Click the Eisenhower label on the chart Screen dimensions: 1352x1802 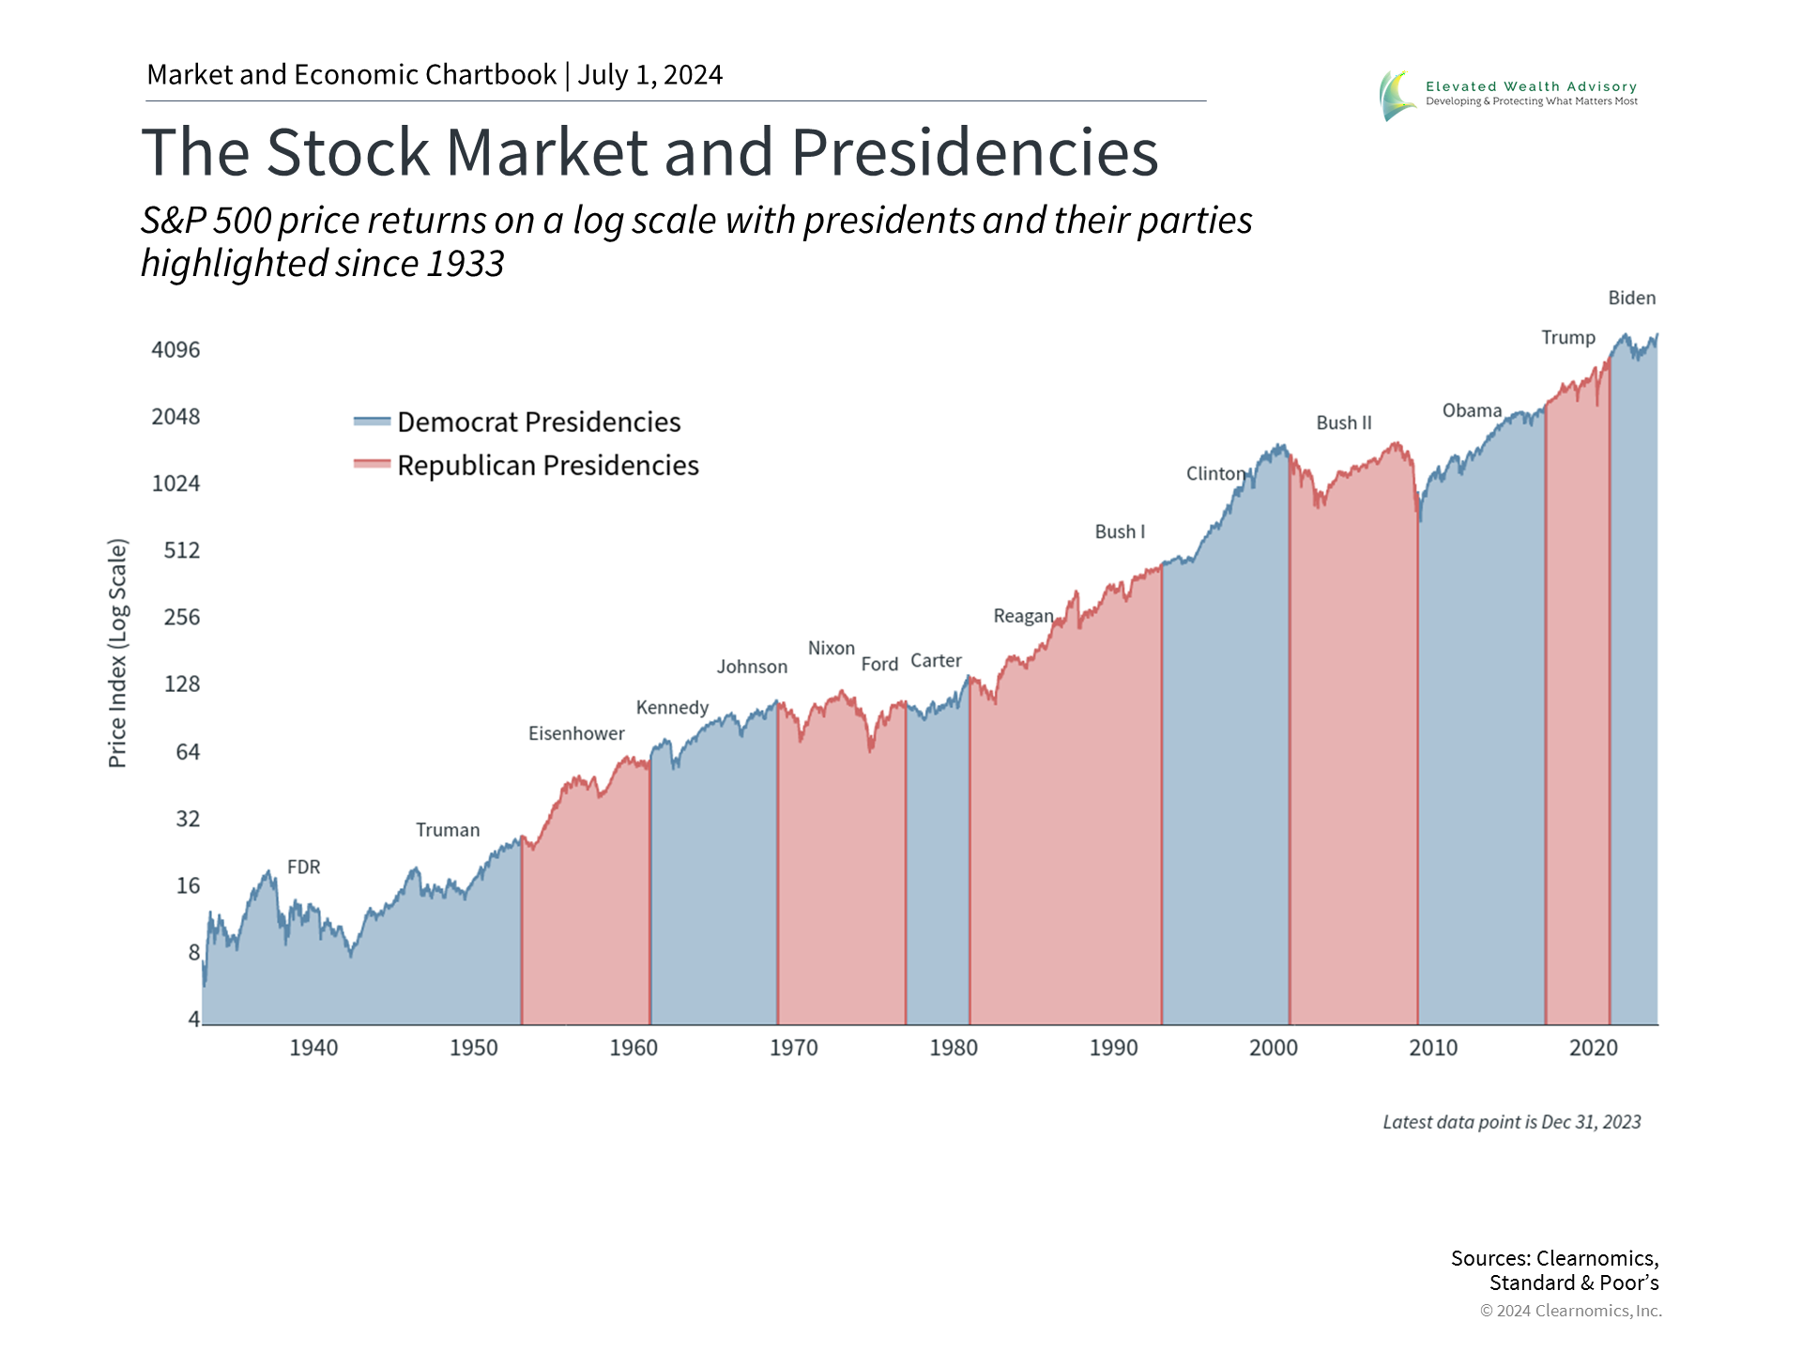click(576, 733)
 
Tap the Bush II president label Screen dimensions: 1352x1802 click(1343, 422)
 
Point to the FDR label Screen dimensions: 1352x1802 click(303, 867)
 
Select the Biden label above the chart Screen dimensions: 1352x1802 click(1631, 298)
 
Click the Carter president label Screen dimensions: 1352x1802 click(936, 661)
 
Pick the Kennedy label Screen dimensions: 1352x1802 click(672, 707)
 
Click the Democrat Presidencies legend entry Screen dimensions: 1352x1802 click(538, 422)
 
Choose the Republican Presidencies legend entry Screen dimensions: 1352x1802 click(547, 465)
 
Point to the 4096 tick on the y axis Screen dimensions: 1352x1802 click(176, 350)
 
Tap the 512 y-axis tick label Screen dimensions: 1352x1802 click(181, 550)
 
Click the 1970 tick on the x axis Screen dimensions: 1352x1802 click(793, 1048)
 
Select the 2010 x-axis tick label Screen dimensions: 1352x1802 click(1432, 1048)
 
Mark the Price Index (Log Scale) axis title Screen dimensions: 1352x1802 click(117, 653)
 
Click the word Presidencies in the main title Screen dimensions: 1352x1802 click(974, 152)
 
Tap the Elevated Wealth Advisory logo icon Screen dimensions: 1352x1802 click(1397, 95)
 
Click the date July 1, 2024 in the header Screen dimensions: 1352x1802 click(649, 75)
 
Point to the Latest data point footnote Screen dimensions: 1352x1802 click(1511, 1122)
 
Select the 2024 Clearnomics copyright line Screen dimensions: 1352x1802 click(1570, 1311)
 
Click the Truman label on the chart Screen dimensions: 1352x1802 click(448, 830)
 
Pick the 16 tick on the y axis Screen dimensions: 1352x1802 click(188, 885)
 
